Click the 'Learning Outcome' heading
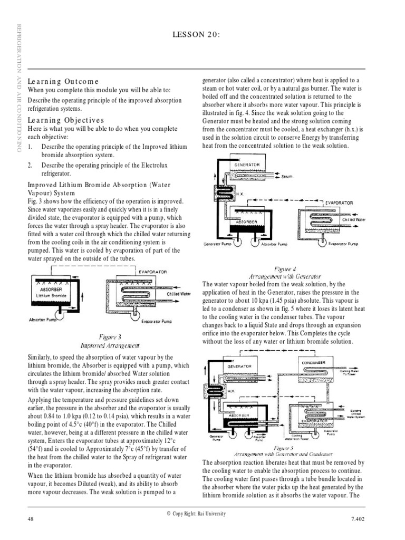(x=63, y=81)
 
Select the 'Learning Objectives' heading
(x=66, y=120)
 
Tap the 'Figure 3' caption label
(x=110, y=336)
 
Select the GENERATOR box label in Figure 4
(x=247, y=165)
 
